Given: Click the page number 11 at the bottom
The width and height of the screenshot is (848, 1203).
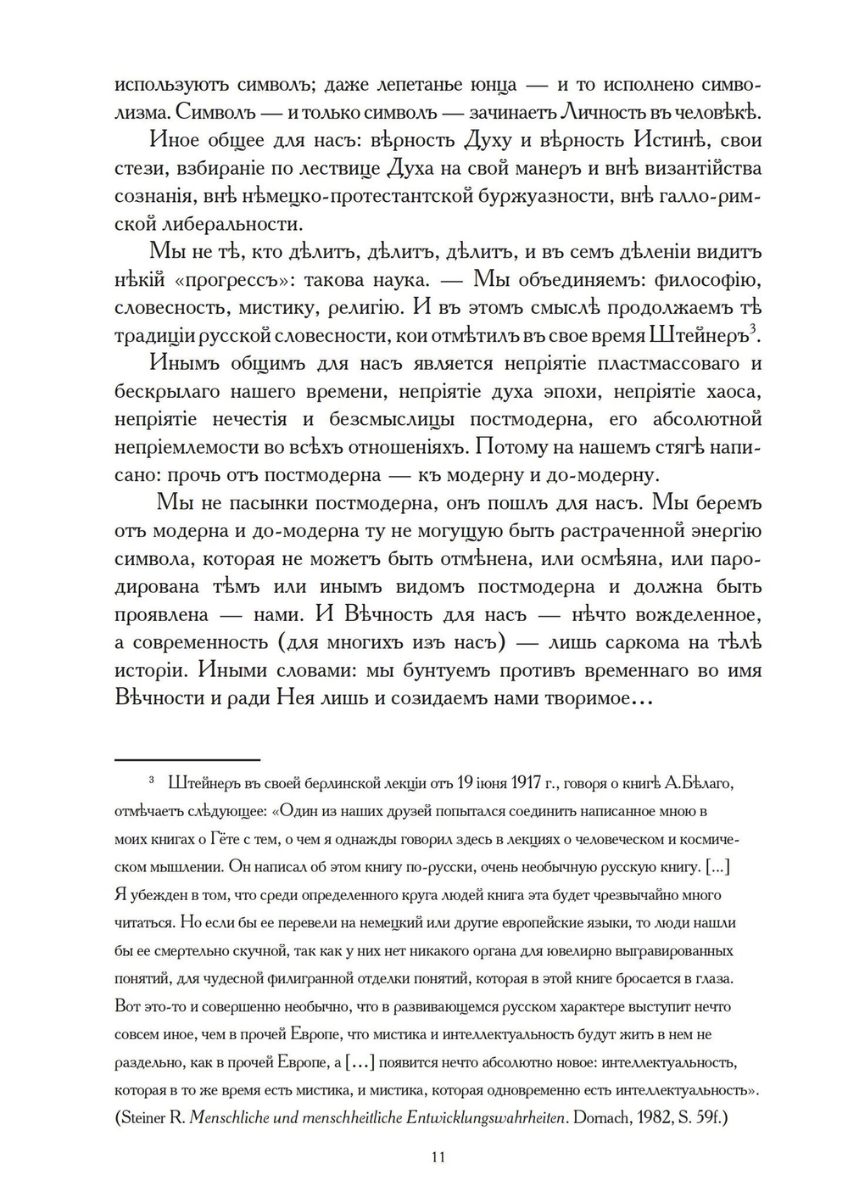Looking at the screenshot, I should point(438,1157).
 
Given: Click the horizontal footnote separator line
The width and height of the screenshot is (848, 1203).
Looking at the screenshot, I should point(187,760).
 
